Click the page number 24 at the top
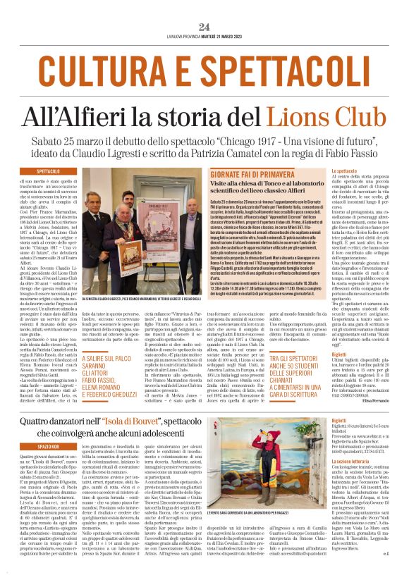point(204,27)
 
